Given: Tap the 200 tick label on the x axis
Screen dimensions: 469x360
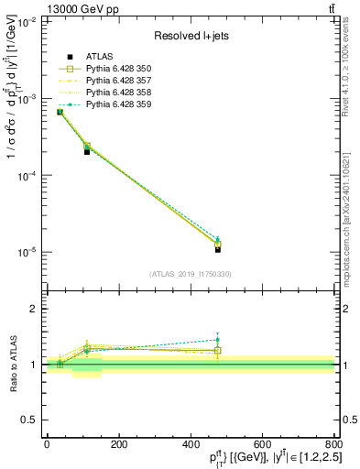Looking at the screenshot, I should (x=118, y=443).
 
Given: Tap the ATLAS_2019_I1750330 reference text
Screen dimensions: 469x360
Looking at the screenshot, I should (x=190, y=274).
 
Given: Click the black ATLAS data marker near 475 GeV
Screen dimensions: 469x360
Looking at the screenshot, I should (x=217, y=249).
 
